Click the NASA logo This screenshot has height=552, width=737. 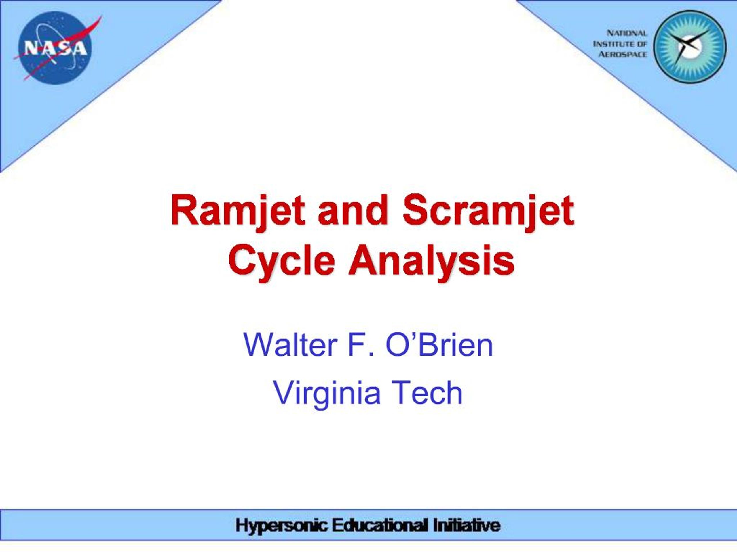click(55, 47)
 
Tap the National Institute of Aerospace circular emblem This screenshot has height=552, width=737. click(690, 46)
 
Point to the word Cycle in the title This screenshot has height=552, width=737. click(282, 260)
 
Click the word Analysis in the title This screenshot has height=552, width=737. click(432, 260)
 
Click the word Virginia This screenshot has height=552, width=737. click(327, 393)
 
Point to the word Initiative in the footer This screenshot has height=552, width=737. click(467, 526)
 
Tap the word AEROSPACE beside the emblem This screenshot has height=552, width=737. click(622, 54)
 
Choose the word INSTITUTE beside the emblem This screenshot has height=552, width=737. click(610, 44)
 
